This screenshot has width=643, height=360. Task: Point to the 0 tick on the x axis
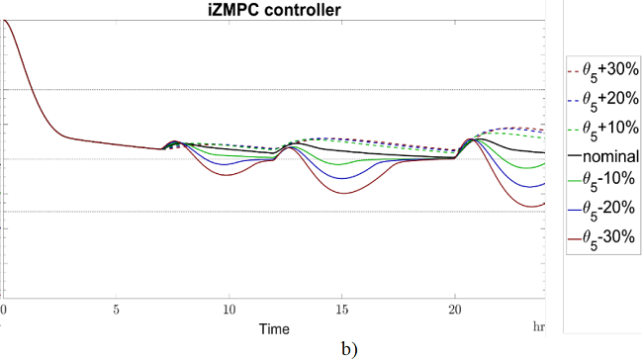[4, 309]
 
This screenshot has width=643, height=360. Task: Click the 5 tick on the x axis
[116, 309]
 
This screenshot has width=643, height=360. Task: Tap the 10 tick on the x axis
[229, 309]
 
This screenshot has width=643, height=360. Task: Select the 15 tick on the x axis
[341, 309]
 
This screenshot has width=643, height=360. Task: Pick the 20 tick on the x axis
[454, 309]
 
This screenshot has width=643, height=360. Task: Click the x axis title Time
[274, 325]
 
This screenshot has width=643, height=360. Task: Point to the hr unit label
[538, 324]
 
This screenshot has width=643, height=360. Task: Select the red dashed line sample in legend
[574, 72]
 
